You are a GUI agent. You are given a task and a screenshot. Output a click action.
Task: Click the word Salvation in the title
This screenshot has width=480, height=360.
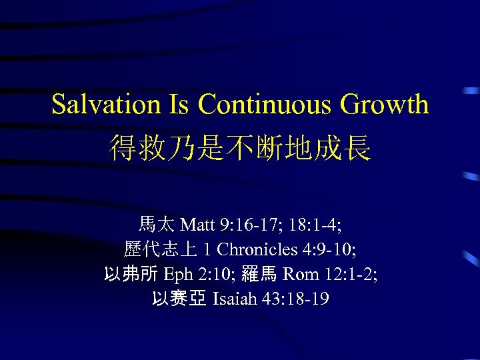click(x=106, y=105)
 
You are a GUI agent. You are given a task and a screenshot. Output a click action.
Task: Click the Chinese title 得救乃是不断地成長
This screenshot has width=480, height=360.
click(x=240, y=147)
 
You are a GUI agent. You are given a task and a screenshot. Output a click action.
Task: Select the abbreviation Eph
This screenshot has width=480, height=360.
click(x=178, y=275)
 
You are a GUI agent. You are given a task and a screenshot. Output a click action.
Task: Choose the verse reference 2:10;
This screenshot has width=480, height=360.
click(x=213, y=274)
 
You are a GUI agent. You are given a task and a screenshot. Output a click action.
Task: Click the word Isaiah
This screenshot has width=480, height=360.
click(x=233, y=299)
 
